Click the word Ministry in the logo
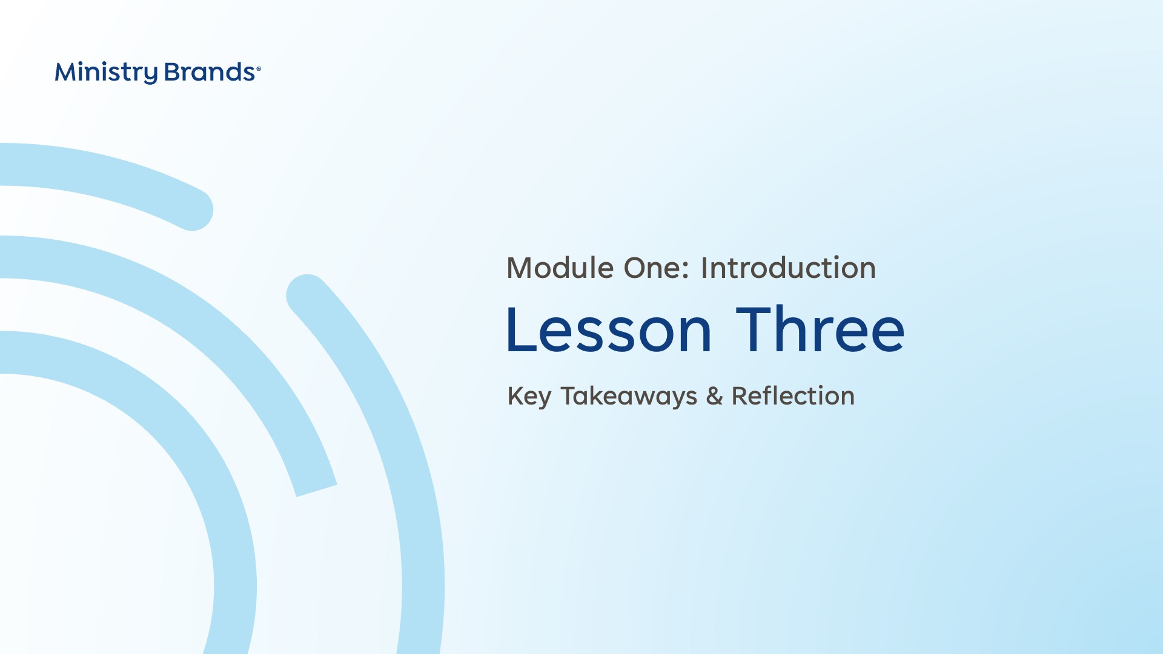(x=106, y=73)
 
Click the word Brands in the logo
(x=210, y=72)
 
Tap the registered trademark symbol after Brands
(x=259, y=69)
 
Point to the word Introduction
(x=788, y=268)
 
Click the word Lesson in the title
(x=609, y=330)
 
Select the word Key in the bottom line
(x=529, y=397)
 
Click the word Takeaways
(x=629, y=397)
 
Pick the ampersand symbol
(x=715, y=396)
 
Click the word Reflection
(x=793, y=395)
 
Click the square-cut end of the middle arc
(x=317, y=491)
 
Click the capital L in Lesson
(x=520, y=330)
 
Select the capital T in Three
(x=755, y=329)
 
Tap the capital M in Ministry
(x=67, y=72)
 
